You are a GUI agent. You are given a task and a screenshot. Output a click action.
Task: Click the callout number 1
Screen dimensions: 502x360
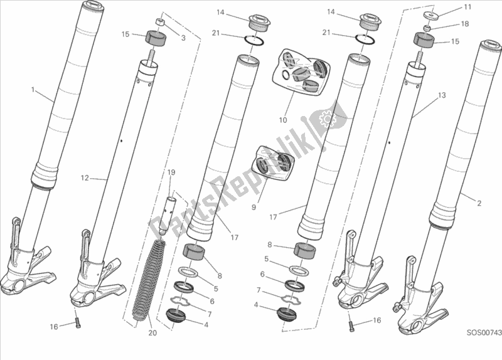point(33,90)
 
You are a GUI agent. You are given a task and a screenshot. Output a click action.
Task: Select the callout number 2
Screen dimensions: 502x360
point(479,203)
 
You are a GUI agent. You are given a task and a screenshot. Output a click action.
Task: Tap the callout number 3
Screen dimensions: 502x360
point(183,38)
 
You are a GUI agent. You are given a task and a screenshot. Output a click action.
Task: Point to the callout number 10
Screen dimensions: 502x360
point(283,120)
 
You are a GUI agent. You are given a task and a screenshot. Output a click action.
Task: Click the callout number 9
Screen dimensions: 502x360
point(254,208)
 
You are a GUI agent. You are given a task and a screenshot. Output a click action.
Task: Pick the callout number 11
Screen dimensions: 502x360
point(467,7)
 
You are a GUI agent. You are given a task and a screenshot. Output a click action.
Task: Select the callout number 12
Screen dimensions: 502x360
point(85,177)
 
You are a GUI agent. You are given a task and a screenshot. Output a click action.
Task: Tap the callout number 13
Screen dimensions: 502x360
point(442,95)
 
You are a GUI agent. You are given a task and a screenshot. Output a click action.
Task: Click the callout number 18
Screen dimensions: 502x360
point(464,24)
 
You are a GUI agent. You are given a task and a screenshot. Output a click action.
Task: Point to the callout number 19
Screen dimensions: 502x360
point(171,172)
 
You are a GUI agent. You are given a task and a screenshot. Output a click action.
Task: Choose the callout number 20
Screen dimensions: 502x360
point(152,333)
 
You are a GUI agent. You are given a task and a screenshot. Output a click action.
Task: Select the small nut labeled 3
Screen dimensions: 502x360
point(160,22)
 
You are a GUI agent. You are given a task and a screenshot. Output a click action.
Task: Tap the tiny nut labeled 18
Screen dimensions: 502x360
point(427,28)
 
